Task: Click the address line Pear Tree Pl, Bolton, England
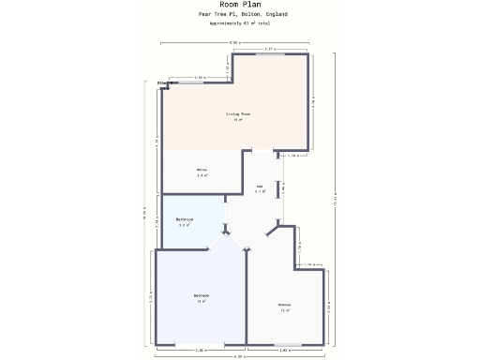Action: (x=243, y=14)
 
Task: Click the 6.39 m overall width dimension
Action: (x=239, y=356)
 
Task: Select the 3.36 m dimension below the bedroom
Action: (x=201, y=350)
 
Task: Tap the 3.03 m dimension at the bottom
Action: (x=284, y=350)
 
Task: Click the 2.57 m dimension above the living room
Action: (x=270, y=49)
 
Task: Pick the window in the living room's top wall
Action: (x=270, y=54)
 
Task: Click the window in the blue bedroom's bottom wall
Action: (x=201, y=344)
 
